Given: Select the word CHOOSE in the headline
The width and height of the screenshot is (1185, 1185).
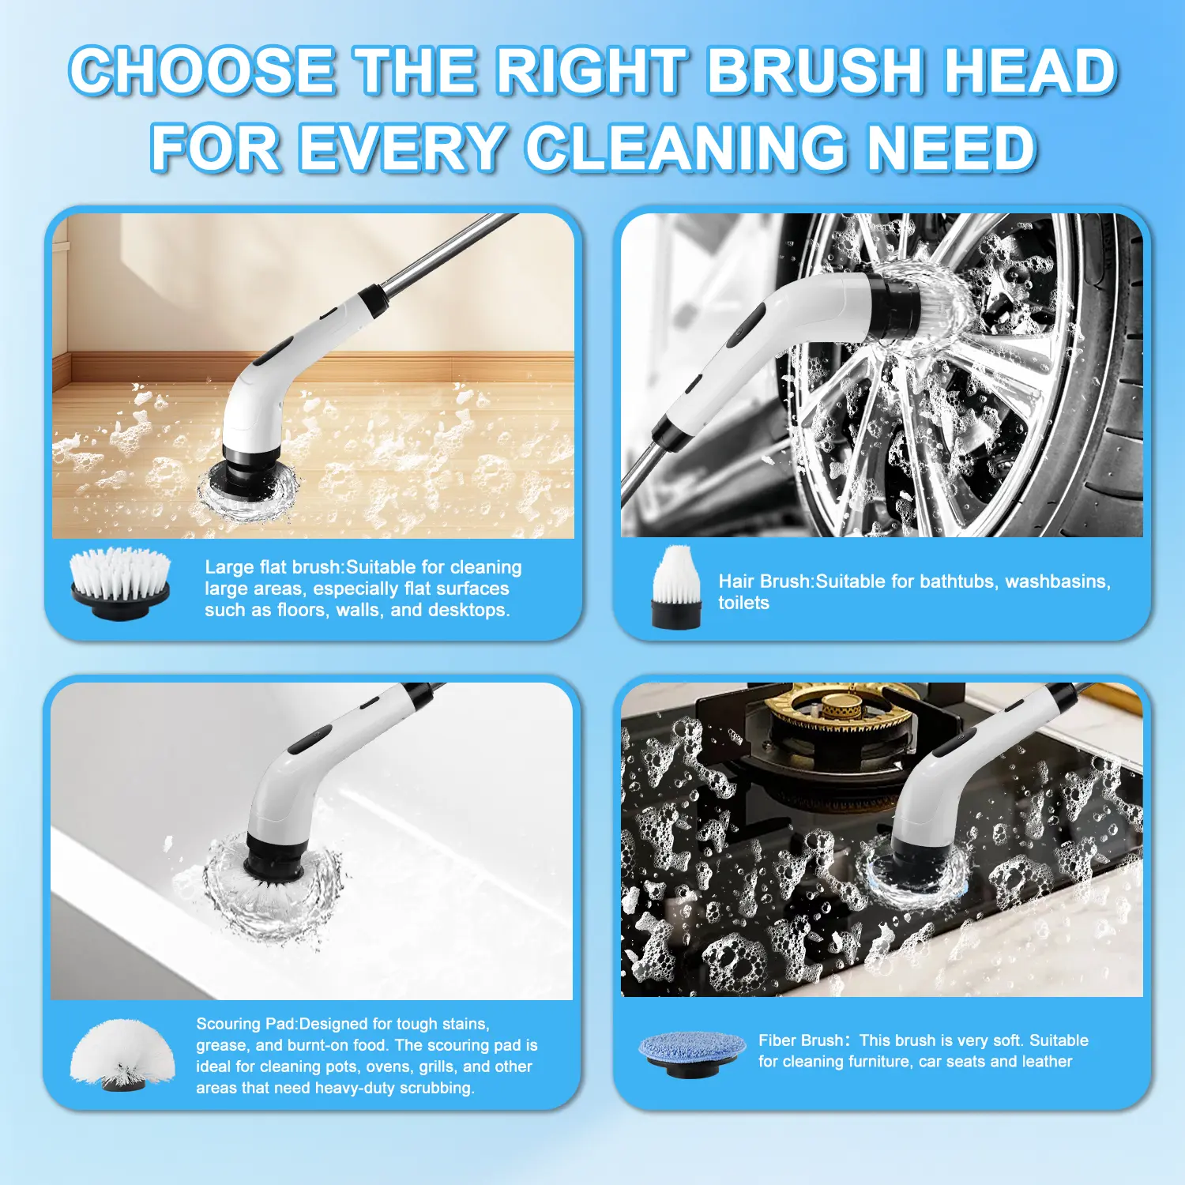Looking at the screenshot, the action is point(204,70).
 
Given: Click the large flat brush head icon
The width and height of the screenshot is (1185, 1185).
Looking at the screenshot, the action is point(120,583).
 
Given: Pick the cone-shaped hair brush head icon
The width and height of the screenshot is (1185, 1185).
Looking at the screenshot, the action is point(676,586).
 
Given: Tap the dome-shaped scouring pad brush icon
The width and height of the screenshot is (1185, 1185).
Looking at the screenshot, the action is point(122,1055).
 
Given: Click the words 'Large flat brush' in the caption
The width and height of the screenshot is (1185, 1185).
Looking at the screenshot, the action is point(273,567).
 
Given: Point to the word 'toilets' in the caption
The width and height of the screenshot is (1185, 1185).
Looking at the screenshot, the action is point(743,603).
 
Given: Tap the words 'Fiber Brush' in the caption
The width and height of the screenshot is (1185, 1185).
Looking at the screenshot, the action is point(801,1040).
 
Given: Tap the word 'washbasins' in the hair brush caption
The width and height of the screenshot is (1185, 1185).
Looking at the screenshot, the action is point(1058,581).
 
